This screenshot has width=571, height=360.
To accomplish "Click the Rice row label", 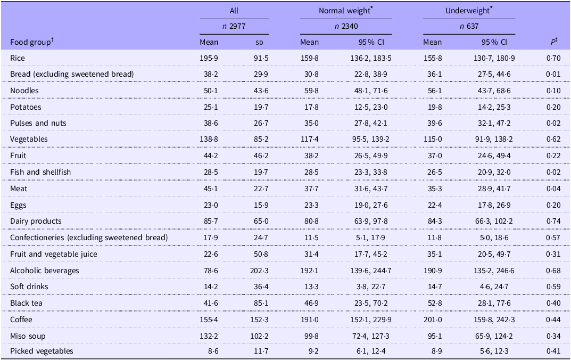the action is tap(18, 58).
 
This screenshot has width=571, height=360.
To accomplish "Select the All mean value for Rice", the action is tap(209, 58).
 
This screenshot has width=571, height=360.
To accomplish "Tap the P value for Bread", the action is tap(553, 75).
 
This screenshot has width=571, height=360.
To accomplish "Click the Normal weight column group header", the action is tap(345, 11).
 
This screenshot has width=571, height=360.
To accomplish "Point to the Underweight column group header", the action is tap(469, 11).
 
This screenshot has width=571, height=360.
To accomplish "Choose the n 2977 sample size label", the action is tap(234, 26).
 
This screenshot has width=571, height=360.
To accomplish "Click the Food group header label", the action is tap(32, 42).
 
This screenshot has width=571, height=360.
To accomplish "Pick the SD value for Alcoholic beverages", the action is tap(259, 271).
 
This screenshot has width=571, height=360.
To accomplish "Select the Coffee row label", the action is tap(21, 320).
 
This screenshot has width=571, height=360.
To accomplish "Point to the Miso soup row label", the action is tap(28, 336).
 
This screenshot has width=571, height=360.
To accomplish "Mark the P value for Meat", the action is tap(553, 189).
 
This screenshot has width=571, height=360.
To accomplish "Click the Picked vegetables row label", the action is tap(42, 351).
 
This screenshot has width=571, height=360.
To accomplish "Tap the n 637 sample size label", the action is tap(469, 26).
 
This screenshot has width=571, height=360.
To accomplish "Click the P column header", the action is tap(554, 42).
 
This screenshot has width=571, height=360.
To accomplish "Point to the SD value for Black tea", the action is tap(261, 303).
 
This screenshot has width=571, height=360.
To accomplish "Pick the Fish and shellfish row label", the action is tap(40, 172).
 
